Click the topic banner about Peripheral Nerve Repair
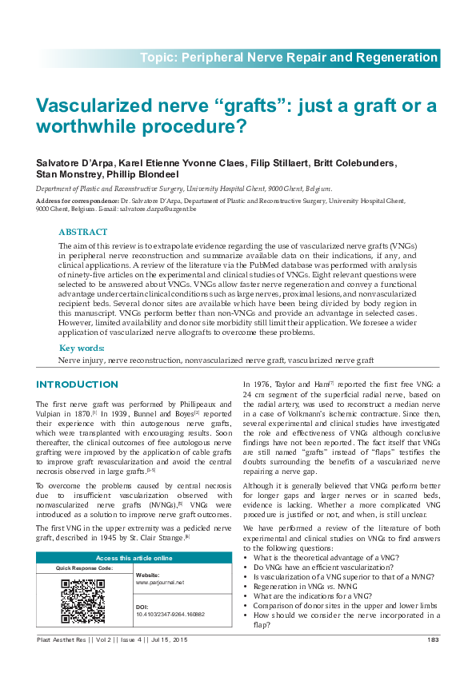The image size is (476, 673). (x=289, y=58)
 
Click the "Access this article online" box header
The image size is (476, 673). (x=134, y=557)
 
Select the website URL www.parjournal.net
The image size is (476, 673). (x=160, y=583)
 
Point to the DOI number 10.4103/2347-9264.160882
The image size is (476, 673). (x=170, y=615)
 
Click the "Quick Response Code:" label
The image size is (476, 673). (x=84, y=567)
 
